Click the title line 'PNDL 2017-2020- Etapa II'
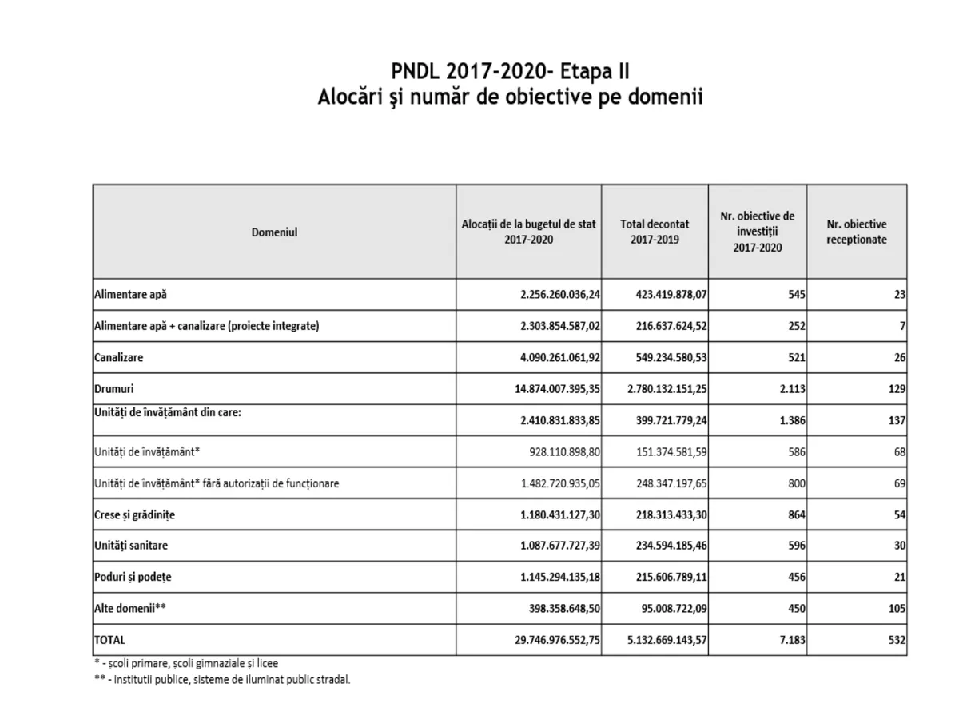click(x=511, y=70)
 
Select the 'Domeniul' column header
click(x=274, y=232)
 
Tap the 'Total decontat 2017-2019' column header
click(x=655, y=232)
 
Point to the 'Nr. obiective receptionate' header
click(x=856, y=232)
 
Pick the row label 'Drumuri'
click(x=114, y=389)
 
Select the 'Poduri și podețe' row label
click(x=133, y=577)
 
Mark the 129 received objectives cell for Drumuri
click(x=895, y=389)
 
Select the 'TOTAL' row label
click(x=110, y=640)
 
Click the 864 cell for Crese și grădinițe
click(x=794, y=514)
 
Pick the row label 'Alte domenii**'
click(x=129, y=608)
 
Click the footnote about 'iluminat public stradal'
click(x=222, y=680)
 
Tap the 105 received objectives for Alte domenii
click(x=895, y=608)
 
